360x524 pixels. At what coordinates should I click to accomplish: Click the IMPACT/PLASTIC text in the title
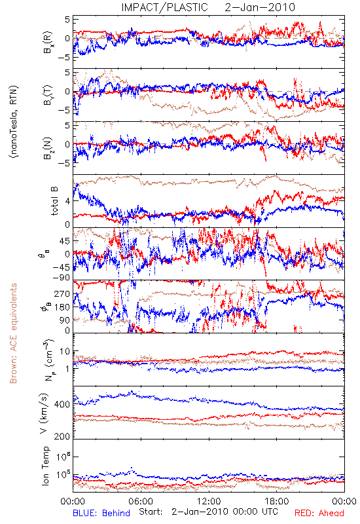pos(164,7)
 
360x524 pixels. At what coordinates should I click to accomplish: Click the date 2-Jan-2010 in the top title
pos(260,7)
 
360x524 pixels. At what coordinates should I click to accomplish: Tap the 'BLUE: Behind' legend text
pos(101,513)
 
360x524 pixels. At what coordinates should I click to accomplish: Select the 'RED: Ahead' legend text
pos(319,513)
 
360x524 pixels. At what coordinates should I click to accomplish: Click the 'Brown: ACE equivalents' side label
pos(13,333)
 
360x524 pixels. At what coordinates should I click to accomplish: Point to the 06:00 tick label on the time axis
pos(141,501)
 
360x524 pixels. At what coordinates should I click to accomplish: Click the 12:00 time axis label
pos(209,501)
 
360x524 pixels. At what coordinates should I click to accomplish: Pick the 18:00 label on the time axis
pos(277,501)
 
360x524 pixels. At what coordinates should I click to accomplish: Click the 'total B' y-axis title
pos(54,201)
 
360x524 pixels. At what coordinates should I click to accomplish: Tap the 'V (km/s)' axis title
pos(45,413)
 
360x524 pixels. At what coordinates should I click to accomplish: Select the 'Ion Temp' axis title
pos(45,466)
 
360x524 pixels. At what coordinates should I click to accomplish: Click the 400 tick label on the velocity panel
pos(62,404)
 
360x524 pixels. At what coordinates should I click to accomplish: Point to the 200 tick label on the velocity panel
pos(62,436)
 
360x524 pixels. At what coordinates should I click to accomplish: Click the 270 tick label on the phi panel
pos(62,293)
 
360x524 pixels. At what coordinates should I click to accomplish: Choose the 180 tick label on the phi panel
pos(62,307)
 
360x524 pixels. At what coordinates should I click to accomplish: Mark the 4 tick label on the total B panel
pos(67,201)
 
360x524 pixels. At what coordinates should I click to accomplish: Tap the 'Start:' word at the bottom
pos(151,512)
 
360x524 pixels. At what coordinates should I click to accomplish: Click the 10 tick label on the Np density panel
pos(65,352)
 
